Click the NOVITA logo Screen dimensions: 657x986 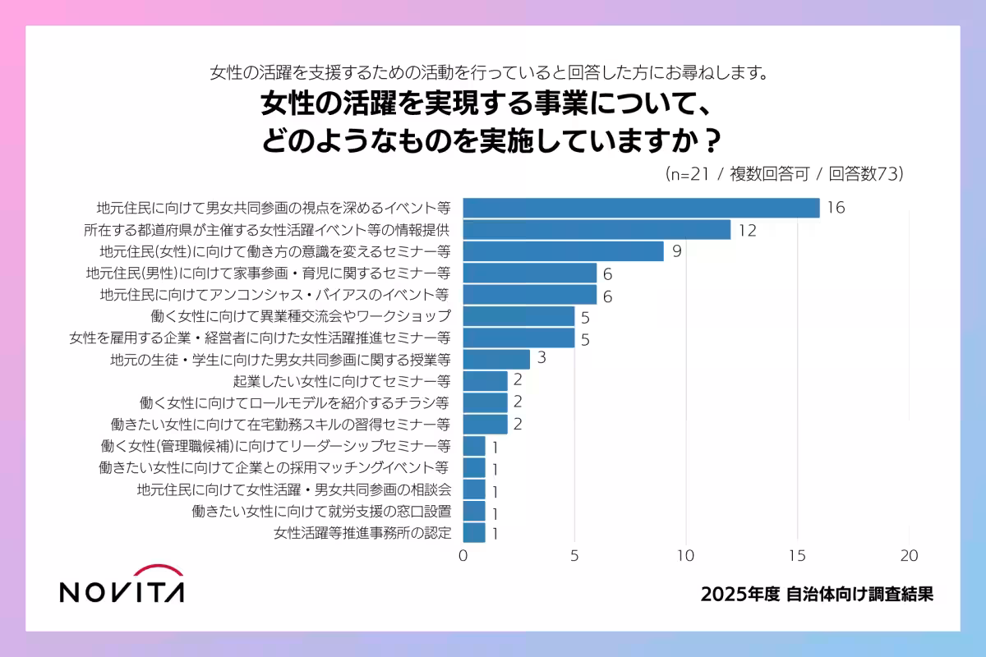pyautogui.click(x=122, y=584)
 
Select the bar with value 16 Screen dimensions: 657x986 pyautogui.click(x=641, y=208)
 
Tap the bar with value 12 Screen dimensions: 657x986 pyautogui.click(x=597, y=230)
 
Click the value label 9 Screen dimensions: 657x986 pyautogui.click(x=676, y=251)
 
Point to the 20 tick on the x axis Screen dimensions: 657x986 pyautogui.click(x=909, y=555)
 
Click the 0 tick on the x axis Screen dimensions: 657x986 pyautogui.click(x=463, y=555)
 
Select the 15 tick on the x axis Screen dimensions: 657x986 pyautogui.click(x=797, y=555)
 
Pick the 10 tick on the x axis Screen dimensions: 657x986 pyautogui.click(x=686, y=555)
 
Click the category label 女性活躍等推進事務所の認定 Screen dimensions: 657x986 pyautogui.click(x=362, y=533)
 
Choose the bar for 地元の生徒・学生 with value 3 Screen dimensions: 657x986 pyautogui.click(x=496, y=360)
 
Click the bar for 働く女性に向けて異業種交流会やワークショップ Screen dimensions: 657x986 pyautogui.click(x=518, y=316)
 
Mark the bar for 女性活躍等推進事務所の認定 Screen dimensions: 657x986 pyautogui.click(x=474, y=533)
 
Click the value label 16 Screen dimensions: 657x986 pyautogui.click(x=836, y=208)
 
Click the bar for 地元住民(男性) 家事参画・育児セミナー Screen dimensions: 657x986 pyautogui.click(x=530, y=273)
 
